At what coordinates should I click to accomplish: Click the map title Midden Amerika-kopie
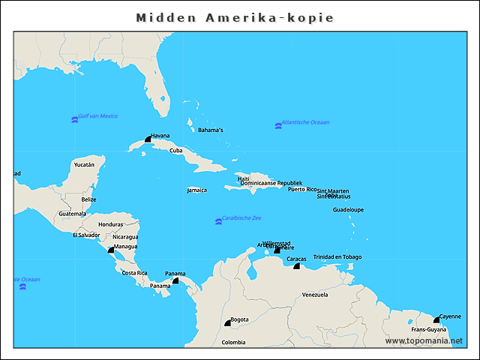(235, 16)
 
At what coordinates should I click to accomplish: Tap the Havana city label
(160, 136)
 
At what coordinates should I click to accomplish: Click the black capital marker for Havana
(148, 139)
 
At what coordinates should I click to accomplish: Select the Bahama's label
(211, 130)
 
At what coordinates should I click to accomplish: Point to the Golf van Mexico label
(97, 116)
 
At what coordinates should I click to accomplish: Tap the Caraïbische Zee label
(242, 218)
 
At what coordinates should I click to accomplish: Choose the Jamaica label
(197, 190)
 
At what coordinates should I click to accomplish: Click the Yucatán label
(84, 164)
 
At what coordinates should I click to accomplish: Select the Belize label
(88, 199)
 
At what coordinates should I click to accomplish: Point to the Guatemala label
(73, 214)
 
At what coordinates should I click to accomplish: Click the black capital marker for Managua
(111, 249)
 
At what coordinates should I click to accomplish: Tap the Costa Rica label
(134, 273)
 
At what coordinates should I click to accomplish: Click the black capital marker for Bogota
(227, 323)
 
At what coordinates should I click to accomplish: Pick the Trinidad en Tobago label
(337, 256)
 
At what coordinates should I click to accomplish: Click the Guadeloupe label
(348, 210)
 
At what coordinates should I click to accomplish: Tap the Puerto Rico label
(302, 189)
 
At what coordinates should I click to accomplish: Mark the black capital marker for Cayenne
(436, 319)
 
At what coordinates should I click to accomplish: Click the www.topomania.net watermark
(424, 340)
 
